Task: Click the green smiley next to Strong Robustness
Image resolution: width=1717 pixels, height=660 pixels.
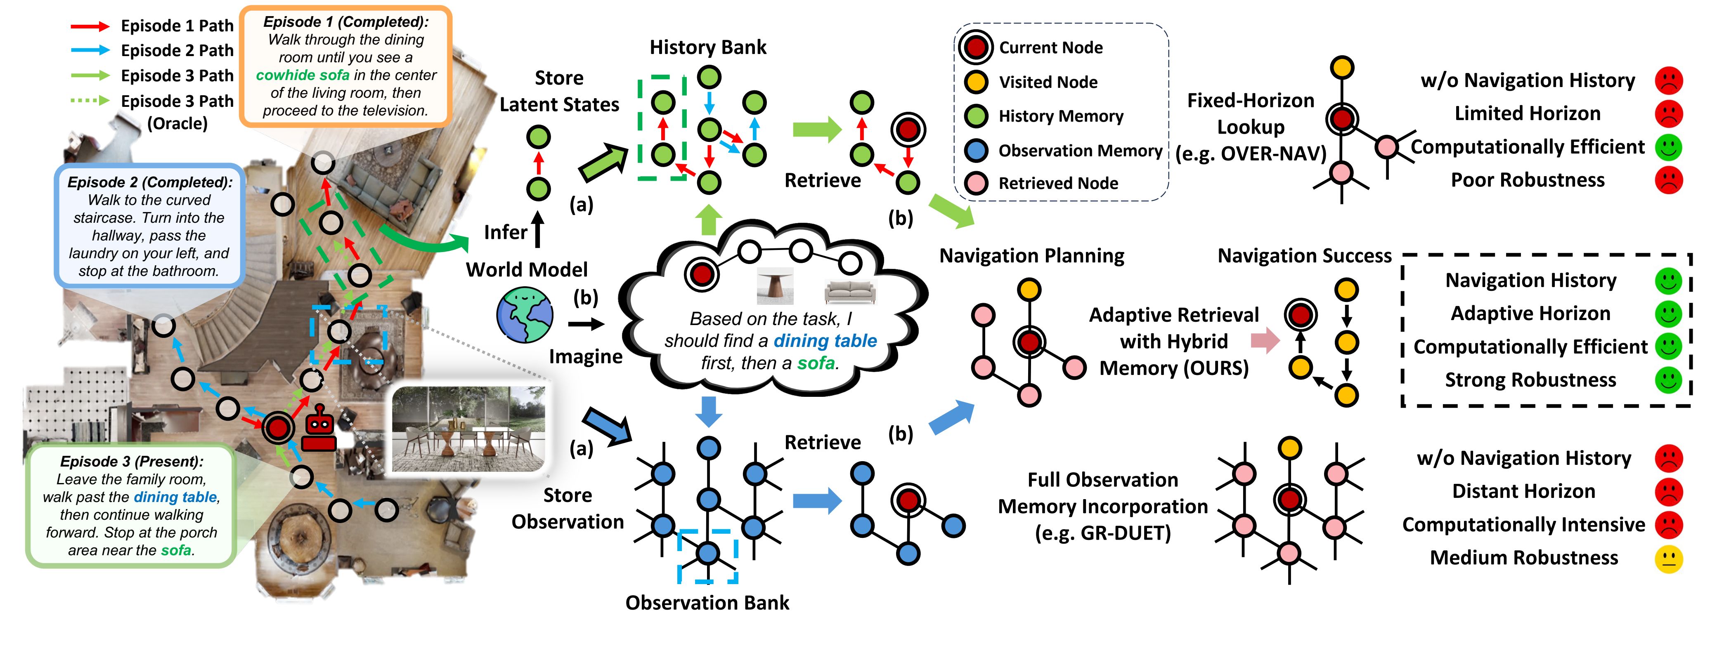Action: [x=1668, y=380]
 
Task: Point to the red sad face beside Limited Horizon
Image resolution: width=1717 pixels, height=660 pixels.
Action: [x=1668, y=114]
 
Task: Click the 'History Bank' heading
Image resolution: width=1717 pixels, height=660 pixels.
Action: [x=708, y=47]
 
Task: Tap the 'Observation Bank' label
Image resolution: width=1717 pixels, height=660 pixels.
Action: [x=707, y=603]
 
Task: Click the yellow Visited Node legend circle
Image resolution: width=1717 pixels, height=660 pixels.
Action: [x=977, y=82]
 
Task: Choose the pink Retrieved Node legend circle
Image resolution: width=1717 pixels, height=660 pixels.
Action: [x=977, y=183]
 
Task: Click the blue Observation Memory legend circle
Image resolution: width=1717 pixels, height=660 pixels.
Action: [x=977, y=151]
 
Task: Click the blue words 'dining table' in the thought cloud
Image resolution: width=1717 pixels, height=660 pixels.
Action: [x=825, y=341]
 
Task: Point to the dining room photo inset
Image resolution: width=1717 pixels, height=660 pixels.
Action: [x=468, y=428]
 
